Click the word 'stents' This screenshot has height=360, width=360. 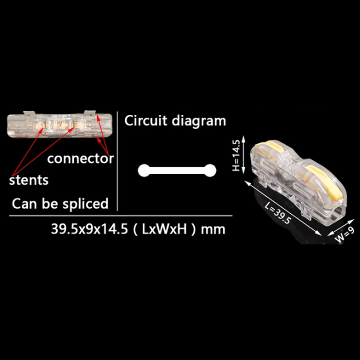(x=29, y=180)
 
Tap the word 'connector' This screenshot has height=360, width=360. (x=81, y=159)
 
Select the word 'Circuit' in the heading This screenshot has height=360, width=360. (x=145, y=121)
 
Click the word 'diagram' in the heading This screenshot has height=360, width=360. (x=199, y=121)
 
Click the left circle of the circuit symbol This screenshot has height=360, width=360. (x=144, y=171)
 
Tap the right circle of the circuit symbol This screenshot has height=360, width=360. (x=210, y=171)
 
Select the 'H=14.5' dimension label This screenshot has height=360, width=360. (x=236, y=155)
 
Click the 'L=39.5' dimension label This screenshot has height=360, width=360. (x=278, y=213)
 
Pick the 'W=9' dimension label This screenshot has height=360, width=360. (x=345, y=235)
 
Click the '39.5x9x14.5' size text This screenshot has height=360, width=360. (x=89, y=229)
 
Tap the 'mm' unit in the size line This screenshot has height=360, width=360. (x=213, y=230)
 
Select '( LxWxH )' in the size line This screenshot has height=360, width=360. (x=165, y=229)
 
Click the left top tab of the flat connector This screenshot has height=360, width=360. (x=29, y=113)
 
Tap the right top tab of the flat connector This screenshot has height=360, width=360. (x=90, y=112)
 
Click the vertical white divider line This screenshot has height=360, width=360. (x=117, y=161)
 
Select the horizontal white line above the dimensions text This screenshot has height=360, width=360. (x=121, y=216)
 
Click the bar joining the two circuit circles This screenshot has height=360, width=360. (x=177, y=171)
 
